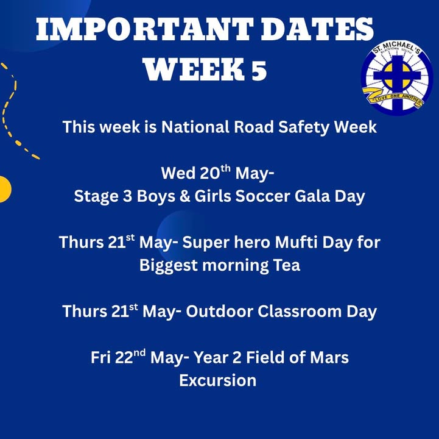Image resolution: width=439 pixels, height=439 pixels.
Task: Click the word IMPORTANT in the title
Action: (143, 29)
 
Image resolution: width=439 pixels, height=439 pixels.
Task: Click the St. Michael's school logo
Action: (397, 77)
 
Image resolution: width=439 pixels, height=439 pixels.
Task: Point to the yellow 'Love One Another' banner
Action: (393, 98)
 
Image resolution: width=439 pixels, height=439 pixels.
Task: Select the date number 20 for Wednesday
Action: (210, 173)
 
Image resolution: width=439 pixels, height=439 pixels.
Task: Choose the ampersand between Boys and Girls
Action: (184, 196)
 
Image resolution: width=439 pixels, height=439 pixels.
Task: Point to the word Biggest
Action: (169, 265)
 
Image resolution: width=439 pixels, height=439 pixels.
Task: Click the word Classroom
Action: (300, 312)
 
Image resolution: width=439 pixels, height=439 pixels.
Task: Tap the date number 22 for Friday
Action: (124, 358)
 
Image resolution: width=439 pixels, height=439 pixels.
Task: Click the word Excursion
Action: (218, 380)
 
